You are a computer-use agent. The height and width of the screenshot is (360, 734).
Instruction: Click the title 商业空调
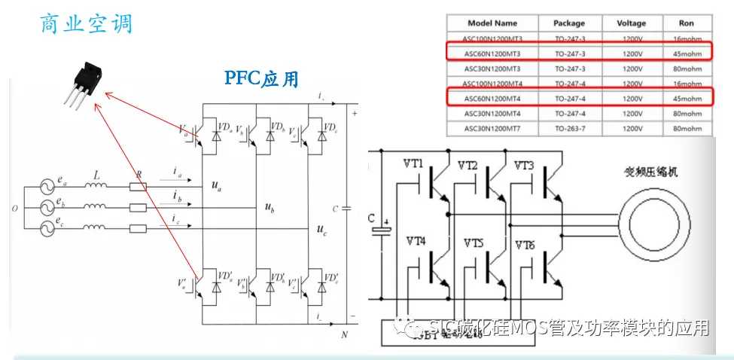point(86,23)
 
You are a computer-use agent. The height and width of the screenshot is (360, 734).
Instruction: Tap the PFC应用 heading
point(261,78)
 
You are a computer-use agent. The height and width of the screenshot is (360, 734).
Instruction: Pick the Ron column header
point(686,23)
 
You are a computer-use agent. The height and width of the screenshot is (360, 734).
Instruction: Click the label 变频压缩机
point(652,172)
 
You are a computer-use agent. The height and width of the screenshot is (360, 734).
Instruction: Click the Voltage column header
point(626,23)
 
